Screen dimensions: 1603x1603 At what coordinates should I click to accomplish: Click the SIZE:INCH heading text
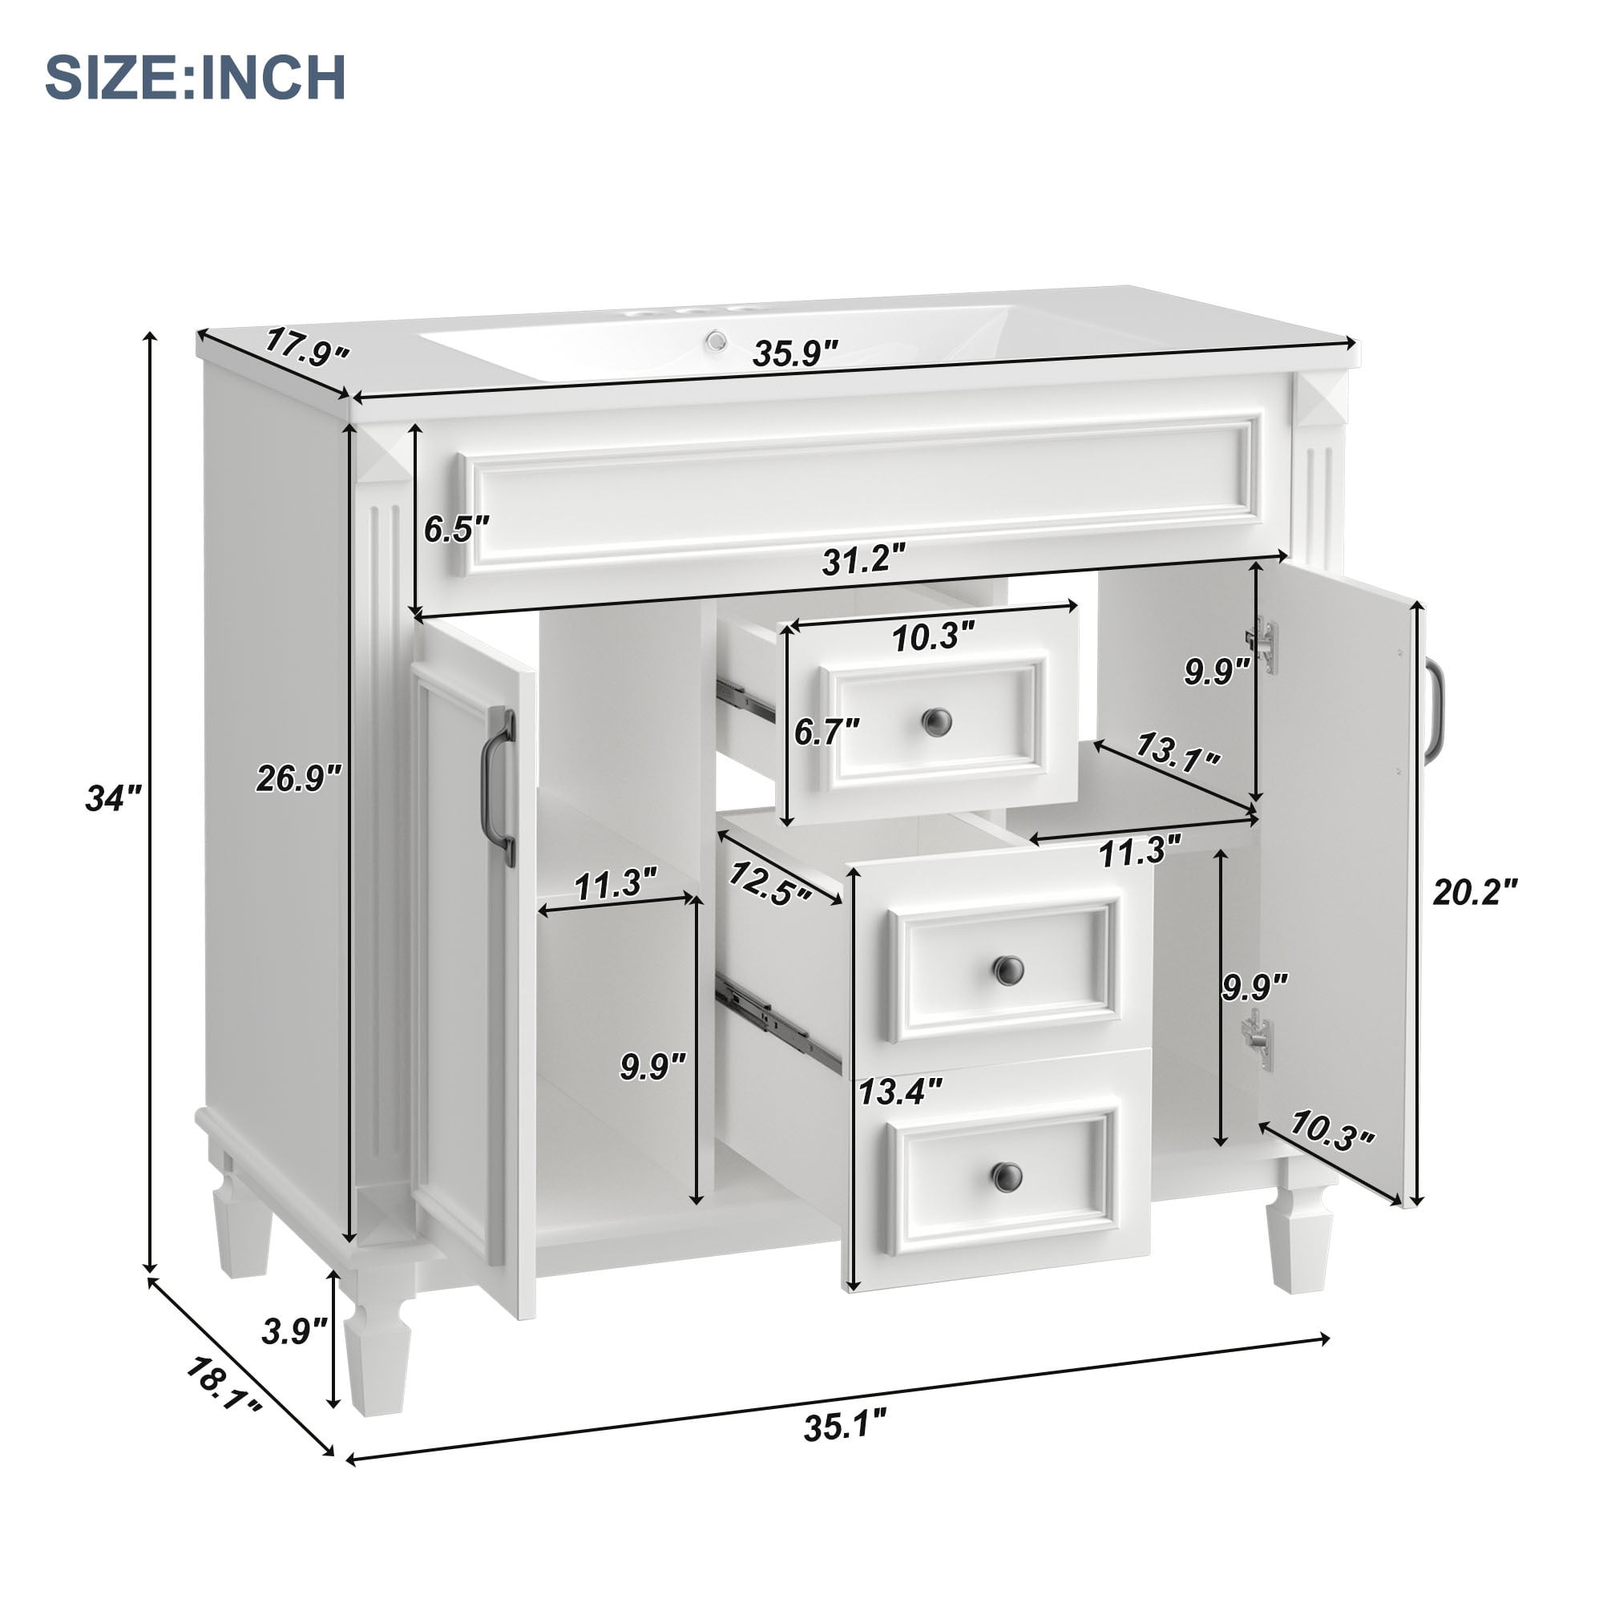195,78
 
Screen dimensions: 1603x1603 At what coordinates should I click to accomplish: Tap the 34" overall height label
114,798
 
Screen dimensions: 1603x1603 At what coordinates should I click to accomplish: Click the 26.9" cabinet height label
298,778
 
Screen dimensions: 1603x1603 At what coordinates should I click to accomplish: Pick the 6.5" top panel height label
456,528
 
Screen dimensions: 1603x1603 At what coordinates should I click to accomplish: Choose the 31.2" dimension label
863,560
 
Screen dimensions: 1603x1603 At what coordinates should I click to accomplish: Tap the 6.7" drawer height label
826,732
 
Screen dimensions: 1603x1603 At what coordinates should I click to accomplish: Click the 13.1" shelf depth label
1177,752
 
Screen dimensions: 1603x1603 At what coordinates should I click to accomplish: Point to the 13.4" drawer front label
899,1091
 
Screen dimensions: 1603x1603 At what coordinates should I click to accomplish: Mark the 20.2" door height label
1476,893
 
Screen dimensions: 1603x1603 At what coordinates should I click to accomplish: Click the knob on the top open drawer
937,721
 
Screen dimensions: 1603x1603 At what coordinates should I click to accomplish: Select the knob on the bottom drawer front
1007,1175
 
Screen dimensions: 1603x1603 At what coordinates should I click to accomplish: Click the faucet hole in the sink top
716,340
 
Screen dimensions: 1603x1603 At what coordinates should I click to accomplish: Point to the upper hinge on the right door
1263,644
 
